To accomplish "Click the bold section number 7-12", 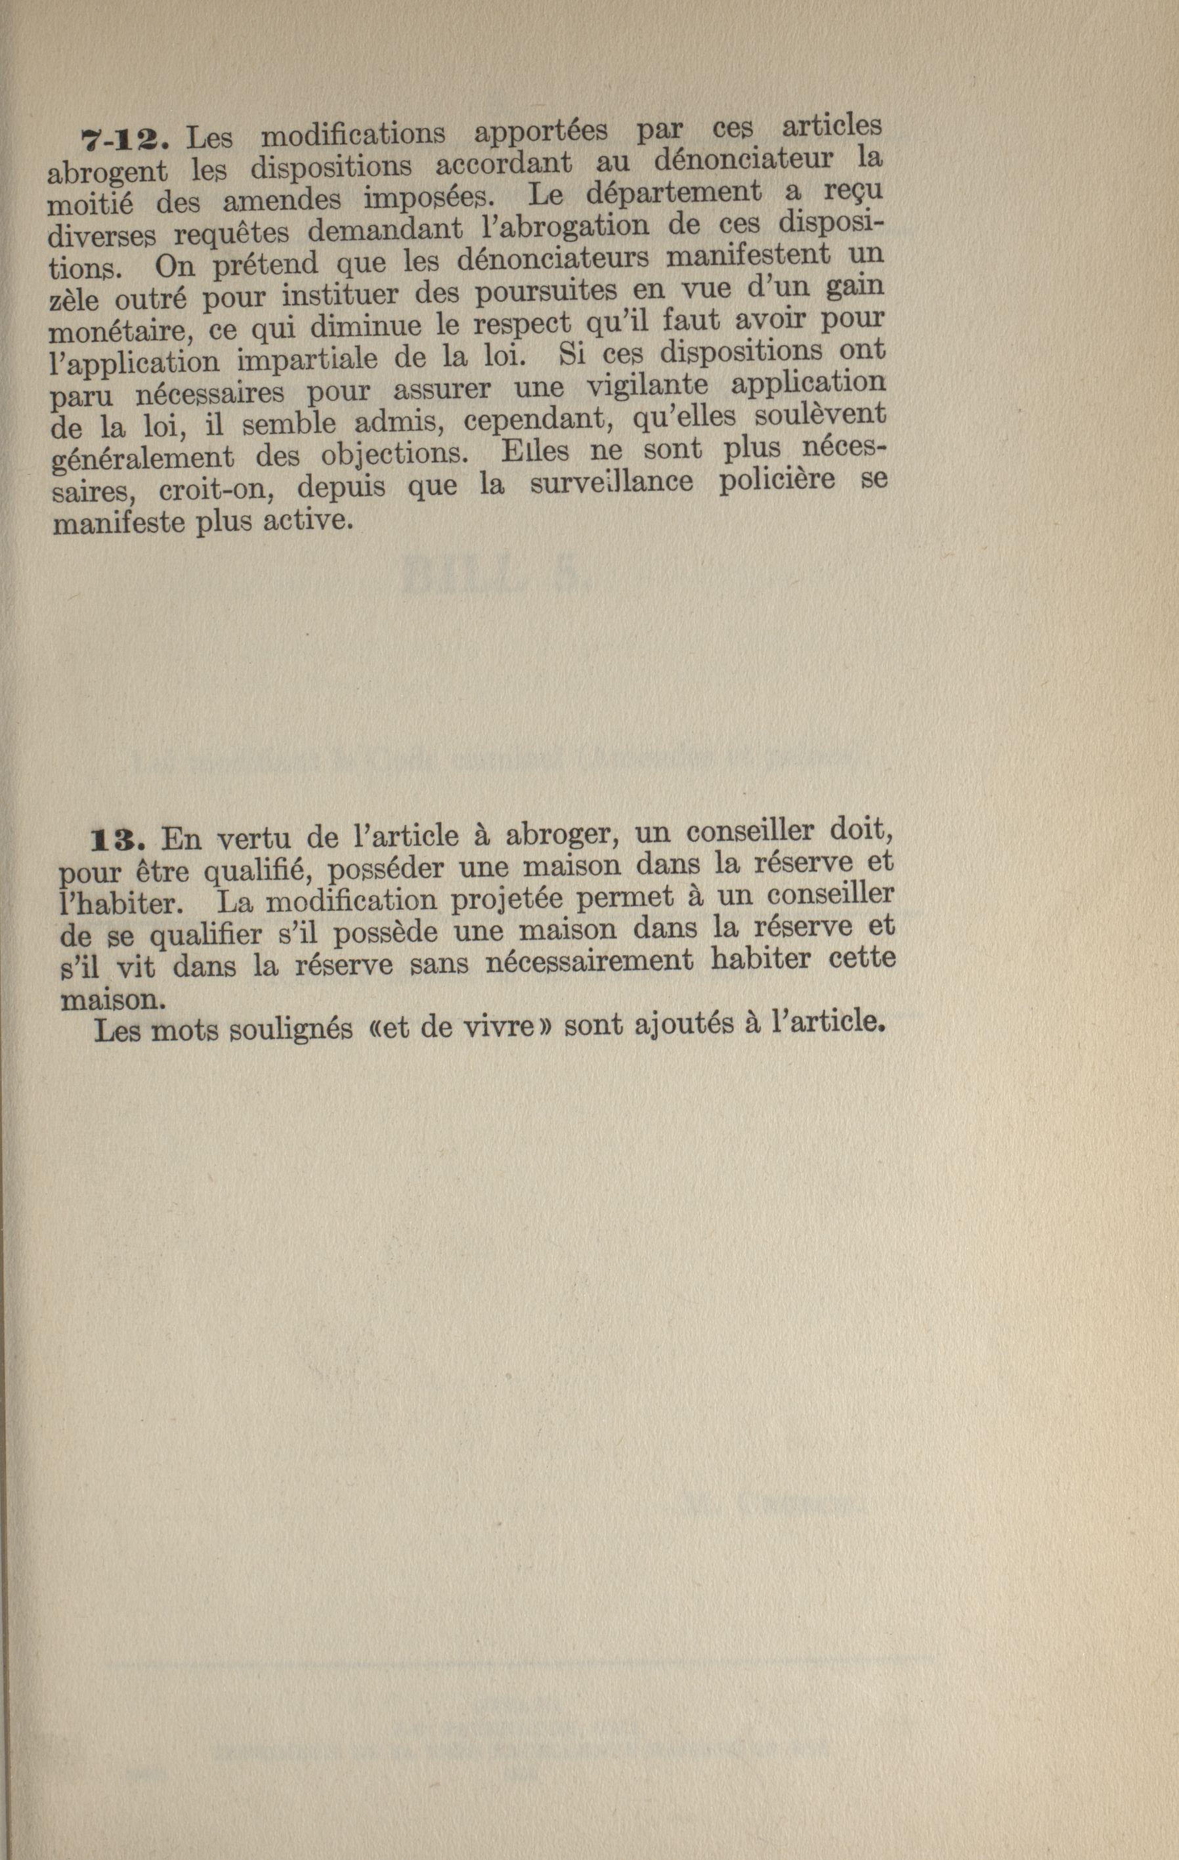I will (123, 139).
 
